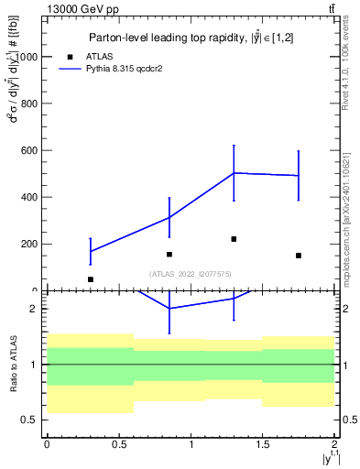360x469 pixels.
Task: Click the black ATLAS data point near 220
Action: click(x=234, y=239)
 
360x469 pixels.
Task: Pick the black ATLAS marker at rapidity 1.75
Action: click(x=299, y=256)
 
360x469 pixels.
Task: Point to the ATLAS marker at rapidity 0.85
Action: click(x=169, y=254)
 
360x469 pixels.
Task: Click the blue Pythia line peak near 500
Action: click(x=234, y=172)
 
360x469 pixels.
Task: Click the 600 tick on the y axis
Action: click(x=30, y=150)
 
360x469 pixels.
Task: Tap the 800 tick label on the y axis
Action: click(x=30, y=104)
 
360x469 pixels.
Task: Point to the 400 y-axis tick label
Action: click(x=30, y=197)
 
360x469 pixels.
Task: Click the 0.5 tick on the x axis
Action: click(x=118, y=444)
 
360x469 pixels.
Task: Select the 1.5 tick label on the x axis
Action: click(x=263, y=444)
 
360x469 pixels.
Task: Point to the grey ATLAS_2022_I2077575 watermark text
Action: click(x=191, y=273)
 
